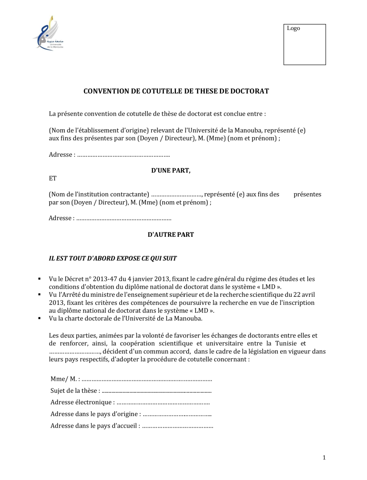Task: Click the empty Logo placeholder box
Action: point(305,44)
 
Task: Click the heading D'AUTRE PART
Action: point(171,235)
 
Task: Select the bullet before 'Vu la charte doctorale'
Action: point(40,318)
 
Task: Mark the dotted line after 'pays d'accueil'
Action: point(178,426)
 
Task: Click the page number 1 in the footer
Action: point(324,458)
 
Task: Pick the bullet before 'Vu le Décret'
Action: point(40,279)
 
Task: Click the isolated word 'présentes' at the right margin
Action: point(307,195)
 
